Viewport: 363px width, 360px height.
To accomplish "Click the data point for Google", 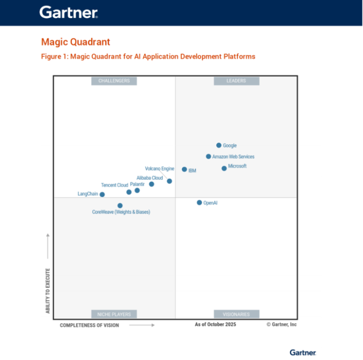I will click(x=219, y=146).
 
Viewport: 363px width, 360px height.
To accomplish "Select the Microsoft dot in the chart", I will click(x=224, y=168).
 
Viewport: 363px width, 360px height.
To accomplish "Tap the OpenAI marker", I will click(x=199, y=202).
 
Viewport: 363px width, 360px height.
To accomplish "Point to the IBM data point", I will click(x=185, y=170).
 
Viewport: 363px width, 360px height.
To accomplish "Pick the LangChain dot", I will click(x=102, y=194).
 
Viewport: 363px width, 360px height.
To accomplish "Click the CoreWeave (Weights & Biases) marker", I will click(x=120, y=205).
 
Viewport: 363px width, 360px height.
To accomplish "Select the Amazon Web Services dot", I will click(x=208, y=157).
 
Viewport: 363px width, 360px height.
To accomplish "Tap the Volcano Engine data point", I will click(x=169, y=181).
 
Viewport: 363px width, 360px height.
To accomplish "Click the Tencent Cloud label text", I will click(x=114, y=185).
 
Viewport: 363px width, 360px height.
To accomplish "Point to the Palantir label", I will click(x=137, y=184).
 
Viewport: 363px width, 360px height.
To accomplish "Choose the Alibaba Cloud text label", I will click(x=150, y=178).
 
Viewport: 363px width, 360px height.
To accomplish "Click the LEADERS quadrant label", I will click(x=236, y=81).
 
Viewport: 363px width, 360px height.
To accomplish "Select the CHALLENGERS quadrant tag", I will click(x=114, y=81).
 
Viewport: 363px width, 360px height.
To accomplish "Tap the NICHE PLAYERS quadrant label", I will click(x=114, y=314).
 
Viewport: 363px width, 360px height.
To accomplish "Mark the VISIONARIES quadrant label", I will click(x=236, y=314).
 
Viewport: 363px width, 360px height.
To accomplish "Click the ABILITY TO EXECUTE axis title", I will click(x=48, y=291).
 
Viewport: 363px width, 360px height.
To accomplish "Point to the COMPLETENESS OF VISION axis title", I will click(x=89, y=325).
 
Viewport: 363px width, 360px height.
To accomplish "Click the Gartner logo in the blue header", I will click(x=69, y=12).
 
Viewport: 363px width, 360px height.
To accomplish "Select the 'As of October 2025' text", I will click(x=215, y=325).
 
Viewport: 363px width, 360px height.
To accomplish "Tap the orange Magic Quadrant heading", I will click(x=76, y=42).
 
